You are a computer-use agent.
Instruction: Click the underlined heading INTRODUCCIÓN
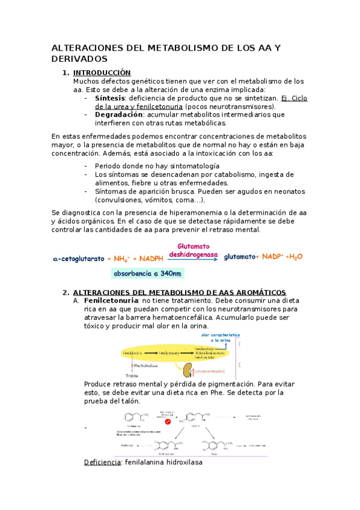click(102, 73)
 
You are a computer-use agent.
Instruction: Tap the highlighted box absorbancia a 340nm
click(147, 274)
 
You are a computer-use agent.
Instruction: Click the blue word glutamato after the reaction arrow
click(239, 257)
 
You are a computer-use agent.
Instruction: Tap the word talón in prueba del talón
click(130, 401)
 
